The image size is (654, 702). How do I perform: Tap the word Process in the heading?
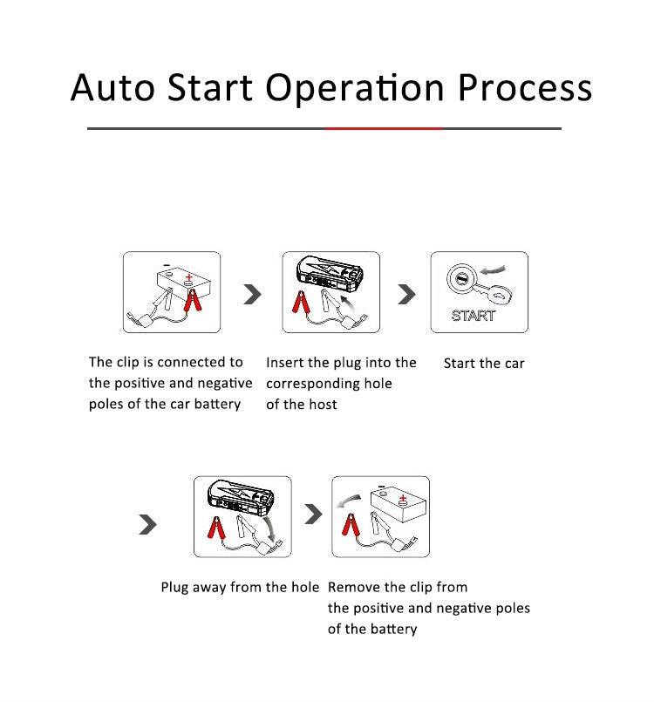[526, 89]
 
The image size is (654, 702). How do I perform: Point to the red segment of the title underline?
[384, 128]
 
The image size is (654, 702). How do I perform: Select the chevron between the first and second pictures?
[252, 294]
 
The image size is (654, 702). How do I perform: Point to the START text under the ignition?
[473, 316]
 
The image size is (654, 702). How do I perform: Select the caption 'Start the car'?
[484, 363]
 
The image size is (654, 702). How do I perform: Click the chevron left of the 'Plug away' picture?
[149, 523]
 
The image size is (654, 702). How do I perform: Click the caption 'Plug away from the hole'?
[240, 587]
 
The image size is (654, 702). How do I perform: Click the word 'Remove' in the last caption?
[353, 587]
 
